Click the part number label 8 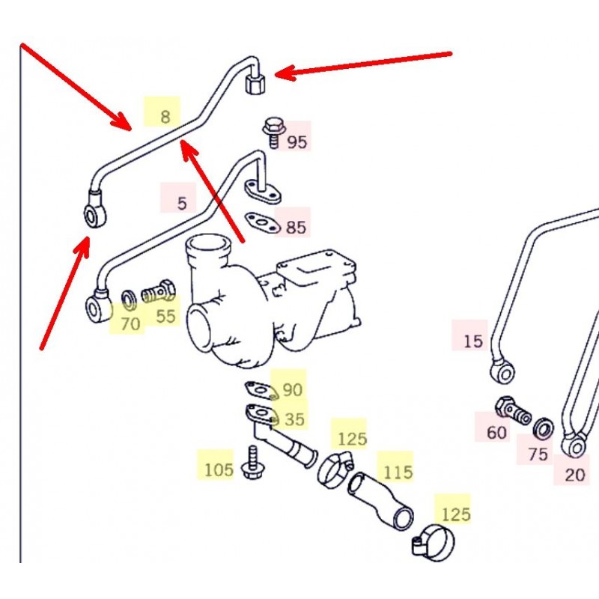click(x=164, y=115)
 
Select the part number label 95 click(x=297, y=141)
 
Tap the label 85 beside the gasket click(x=296, y=226)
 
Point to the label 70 click(x=130, y=323)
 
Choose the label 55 click(x=165, y=316)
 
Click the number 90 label click(x=292, y=389)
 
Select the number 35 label click(x=294, y=419)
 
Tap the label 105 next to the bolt click(x=219, y=469)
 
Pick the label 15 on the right click(x=472, y=341)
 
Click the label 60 click(x=496, y=432)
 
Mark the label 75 click(x=538, y=454)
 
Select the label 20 click(x=575, y=474)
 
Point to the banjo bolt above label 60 click(x=512, y=410)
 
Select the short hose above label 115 click(x=382, y=502)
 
